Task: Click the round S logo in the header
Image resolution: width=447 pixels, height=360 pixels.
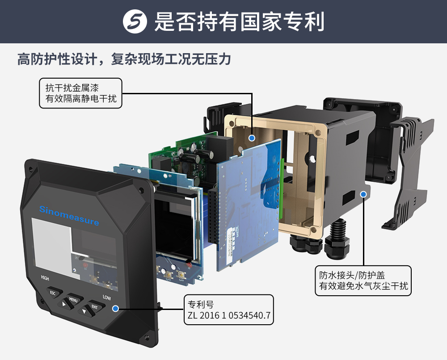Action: coord(135,21)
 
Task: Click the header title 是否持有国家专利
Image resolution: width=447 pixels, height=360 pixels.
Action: coord(239,21)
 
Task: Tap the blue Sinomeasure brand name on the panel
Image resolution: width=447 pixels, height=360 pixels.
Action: coord(69,215)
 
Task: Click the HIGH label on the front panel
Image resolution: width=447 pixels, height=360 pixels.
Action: coord(45,278)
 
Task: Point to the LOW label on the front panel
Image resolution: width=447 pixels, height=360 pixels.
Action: coord(107,297)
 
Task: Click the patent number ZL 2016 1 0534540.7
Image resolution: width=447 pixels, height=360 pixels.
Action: coord(229,315)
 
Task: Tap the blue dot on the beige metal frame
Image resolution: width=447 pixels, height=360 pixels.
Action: coord(251,138)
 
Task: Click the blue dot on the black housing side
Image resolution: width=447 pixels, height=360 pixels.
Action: coord(363,194)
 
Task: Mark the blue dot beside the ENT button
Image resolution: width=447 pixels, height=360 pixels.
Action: coord(115,309)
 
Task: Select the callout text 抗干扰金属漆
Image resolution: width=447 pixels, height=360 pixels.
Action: coord(72,88)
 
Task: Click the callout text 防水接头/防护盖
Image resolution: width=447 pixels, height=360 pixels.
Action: coord(352,275)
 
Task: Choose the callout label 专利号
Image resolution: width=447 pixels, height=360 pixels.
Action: coord(201,305)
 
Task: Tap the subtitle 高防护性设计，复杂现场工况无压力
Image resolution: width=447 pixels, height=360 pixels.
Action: coord(124,59)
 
